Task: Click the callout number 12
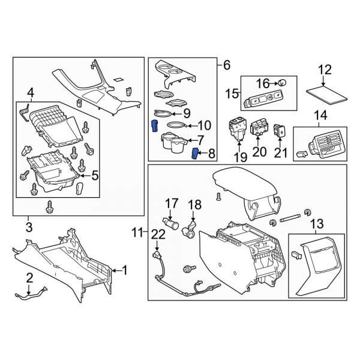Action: [x=325, y=70]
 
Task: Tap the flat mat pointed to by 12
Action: [x=327, y=95]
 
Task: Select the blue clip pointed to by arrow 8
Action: [x=195, y=154]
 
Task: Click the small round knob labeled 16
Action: [x=283, y=82]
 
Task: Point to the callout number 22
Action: [x=158, y=235]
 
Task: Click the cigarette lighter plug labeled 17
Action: [x=170, y=224]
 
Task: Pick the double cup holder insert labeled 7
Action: [x=174, y=143]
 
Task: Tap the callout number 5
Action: [x=95, y=175]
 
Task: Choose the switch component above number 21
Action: [x=279, y=131]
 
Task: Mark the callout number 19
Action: [x=241, y=158]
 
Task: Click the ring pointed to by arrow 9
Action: [x=163, y=113]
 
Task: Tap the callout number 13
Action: [x=317, y=223]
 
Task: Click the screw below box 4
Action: [x=49, y=206]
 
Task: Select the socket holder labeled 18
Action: [x=190, y=230]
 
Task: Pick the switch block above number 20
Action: [x=259, y=128]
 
